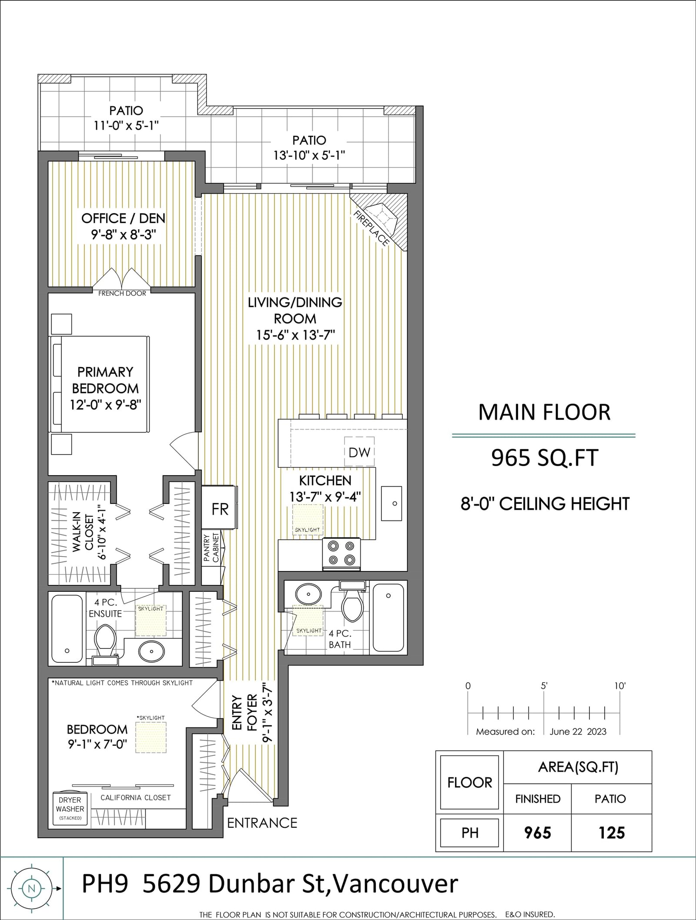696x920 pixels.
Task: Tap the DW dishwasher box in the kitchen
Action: point(359,452)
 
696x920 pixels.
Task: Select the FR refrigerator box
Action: point(220,508)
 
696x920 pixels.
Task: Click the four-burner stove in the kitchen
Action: point(341,554)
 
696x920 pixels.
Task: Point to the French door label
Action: point(122,293)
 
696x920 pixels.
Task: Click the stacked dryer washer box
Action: point(70,809)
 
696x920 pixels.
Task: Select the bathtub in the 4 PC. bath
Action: point(388,617)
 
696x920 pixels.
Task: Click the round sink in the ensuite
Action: point(152,651)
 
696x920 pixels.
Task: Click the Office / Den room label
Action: point(123,218)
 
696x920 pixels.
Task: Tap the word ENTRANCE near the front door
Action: point(262,823)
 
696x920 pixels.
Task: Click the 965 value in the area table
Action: point(538,833)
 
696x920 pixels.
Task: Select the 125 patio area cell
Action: point(612,833)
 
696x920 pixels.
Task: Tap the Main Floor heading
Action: point(544,412)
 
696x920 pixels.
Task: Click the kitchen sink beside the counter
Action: point(391,503)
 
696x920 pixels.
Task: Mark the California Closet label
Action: point(136,797)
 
